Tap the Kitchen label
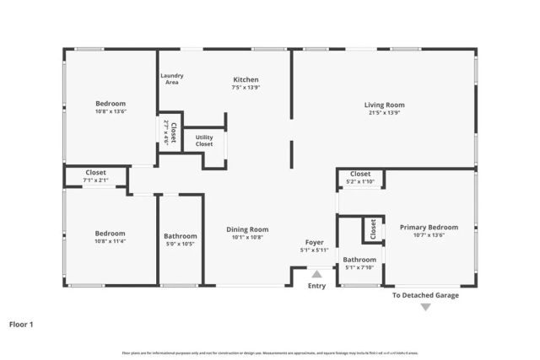coord(246,80)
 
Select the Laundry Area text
coord(172,79)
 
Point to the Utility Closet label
coord(204,140)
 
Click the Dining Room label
coord(248,229)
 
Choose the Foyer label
coord(314,242)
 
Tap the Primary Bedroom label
coord(429,227)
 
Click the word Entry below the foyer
coord(316,286)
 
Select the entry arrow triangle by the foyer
coord(316,274)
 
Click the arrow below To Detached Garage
coord(425,307)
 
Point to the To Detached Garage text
coord(425,295)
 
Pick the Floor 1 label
coord(22,323)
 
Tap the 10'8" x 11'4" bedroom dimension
coord(111,241)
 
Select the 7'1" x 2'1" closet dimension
coord(96,180)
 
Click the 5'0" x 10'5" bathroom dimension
coord(181,244)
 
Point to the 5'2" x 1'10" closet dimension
coord(360,181)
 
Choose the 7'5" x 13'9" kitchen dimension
coord(246,88)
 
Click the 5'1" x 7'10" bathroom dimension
coord(359,268)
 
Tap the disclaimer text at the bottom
coord(269,352)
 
